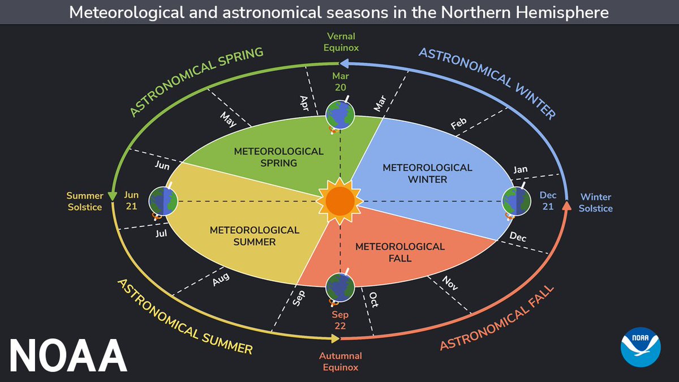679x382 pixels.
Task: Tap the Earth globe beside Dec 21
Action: click(517, 201)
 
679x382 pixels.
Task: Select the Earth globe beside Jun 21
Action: click(163, 201)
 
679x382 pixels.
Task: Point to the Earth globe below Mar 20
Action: click(340, 115)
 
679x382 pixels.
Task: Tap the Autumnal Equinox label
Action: click(339, 361)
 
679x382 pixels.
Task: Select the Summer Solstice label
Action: click(85, 201)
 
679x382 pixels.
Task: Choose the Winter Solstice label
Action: click(595, 203)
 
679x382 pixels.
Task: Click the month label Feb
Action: click(458, 124)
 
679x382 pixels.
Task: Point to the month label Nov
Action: click(450, 282)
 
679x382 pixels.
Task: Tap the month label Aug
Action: click(221, 279)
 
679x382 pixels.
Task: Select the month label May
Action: click(227, 120)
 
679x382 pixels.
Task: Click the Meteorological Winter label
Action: click(427, 174)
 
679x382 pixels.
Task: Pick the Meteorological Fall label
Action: click(400, 252)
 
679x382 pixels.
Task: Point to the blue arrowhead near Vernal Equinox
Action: click(343, 64)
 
